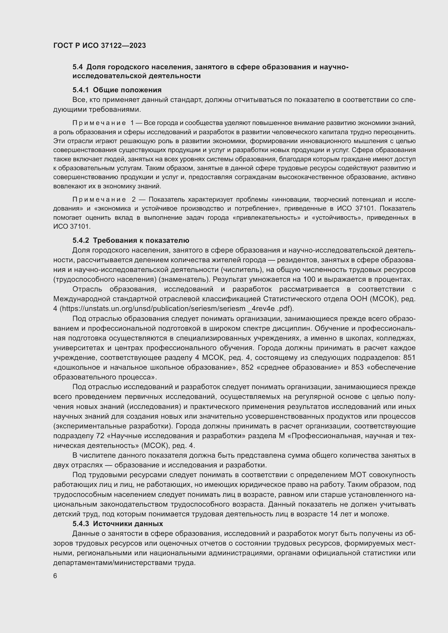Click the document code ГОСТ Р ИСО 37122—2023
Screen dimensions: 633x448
99,45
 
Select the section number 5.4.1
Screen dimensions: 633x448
80,90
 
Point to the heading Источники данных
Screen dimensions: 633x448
128,524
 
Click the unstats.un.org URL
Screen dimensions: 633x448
177,309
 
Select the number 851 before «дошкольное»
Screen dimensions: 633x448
409,358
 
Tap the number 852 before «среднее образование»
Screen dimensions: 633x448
247,367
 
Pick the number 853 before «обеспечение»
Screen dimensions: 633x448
357,367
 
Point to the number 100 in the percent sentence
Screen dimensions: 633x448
309,279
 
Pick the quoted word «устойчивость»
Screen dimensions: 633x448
335,218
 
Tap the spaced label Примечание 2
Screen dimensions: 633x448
104,199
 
